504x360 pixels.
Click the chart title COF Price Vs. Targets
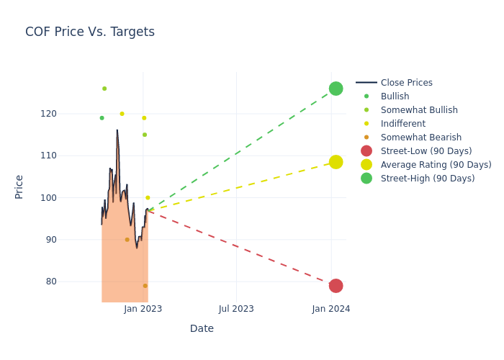(90, 32)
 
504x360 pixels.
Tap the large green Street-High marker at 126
(336, 89)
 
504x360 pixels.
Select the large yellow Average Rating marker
(336, 162)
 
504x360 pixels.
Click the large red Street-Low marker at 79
(336, 286)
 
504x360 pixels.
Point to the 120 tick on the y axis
(68, 114)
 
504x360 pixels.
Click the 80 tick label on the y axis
(71, 282)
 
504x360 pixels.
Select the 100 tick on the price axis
(68, 197)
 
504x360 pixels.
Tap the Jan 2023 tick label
(143, 309)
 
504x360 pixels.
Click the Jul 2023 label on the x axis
(236, 309)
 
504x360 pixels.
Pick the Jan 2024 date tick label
(331, 309)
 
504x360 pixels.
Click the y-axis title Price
(19, 186)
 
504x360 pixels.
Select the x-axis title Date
(202, 328)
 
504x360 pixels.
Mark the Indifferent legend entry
(402, 124)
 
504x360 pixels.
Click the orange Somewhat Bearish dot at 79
(145, 286)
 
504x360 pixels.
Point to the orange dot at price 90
(127, 240)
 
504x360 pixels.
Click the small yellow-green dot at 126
(104, 89)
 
